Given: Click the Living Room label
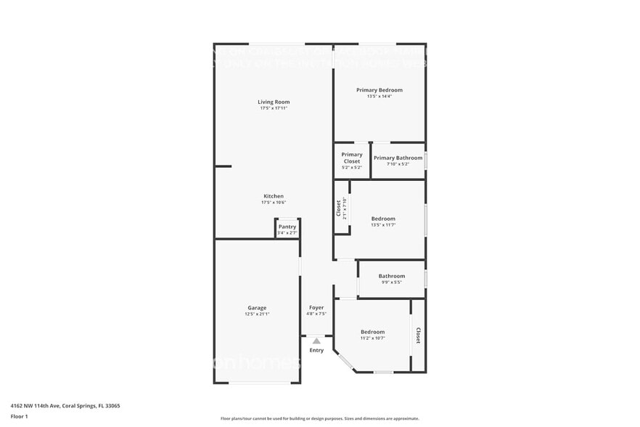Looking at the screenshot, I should tap(274, 102).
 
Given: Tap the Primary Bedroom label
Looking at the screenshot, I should tap(379, 90).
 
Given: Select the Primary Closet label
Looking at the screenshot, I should tap(352, 158).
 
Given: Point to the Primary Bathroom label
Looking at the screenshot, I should tap(398, 158).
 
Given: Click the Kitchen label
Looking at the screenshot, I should tap(274, 196).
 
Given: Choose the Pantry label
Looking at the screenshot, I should tap(287, 227).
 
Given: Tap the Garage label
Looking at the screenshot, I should tap(257, 308).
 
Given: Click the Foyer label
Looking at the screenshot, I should tap(316, 308).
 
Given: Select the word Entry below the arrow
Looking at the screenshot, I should tap(316, 350).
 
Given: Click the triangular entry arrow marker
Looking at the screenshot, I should tap(316, 340).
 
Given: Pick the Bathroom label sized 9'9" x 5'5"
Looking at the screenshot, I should tap(391, 276).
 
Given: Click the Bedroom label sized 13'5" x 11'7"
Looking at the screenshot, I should tap(383, 219).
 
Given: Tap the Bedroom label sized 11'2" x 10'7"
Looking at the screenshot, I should tap(373, 332).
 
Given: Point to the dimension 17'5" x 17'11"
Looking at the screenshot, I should tap(274, 108).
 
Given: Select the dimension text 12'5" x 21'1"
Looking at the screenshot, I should tap(257, 314).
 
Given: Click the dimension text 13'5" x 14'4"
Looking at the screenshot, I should tap(379, 97).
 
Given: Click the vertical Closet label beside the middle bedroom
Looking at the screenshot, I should tap(338, 208).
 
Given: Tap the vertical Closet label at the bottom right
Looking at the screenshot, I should tap(418, 335).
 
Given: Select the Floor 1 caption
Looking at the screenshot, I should tap(19, 416).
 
